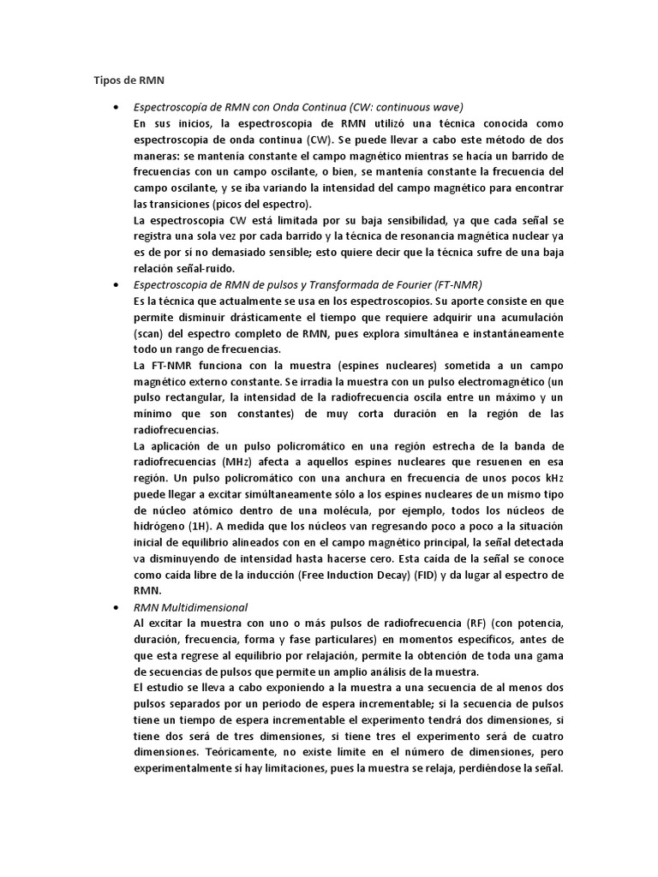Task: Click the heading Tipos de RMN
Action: pyautogui.click(x=128, y=80)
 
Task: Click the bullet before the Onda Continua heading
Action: pyautogui.click(x=115, y=107)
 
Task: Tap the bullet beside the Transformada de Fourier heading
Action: pyautogui.click(x=115, y=283)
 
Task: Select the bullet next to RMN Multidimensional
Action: pyautogui.click(x=115, y=606)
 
